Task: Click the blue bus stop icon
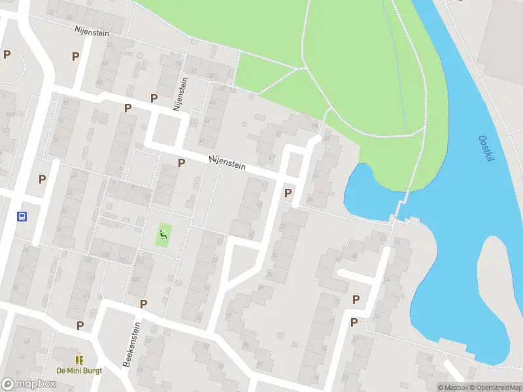click(22, 217)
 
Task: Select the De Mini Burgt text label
click(79, 370)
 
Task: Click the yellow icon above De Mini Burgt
click(79, 359)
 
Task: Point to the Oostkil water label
click(487, 150)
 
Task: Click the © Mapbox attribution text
click(452, 387)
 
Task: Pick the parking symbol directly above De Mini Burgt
click(80, 325)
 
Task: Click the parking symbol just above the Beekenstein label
click(143, 304)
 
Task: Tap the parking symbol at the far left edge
click(7, 55)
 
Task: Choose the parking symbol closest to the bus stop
click(42, 179)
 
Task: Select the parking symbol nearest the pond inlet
click(288, 193)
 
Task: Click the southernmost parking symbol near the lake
click(354, 322)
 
